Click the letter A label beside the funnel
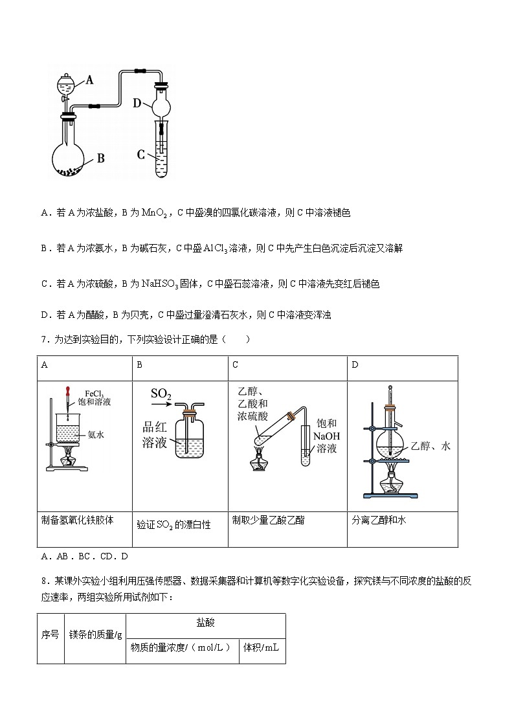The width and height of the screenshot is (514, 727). click(x=90, y=80)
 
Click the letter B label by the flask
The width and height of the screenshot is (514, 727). click(x=100, y=157)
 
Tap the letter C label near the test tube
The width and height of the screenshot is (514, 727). click(x=141, y=154)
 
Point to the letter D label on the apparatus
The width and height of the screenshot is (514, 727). click(x=137, y=103)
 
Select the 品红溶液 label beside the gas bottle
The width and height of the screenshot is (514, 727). click(x=155, y=435)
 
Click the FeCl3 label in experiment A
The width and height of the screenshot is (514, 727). click(x=95, y=393)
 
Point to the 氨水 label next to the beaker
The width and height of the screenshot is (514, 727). click(x=96, y=435)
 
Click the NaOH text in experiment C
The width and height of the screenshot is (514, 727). click(x=326, y=436)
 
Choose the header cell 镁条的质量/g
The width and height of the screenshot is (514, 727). click(x=95, y=634)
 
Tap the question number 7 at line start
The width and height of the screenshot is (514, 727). click(x=43, y=339)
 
